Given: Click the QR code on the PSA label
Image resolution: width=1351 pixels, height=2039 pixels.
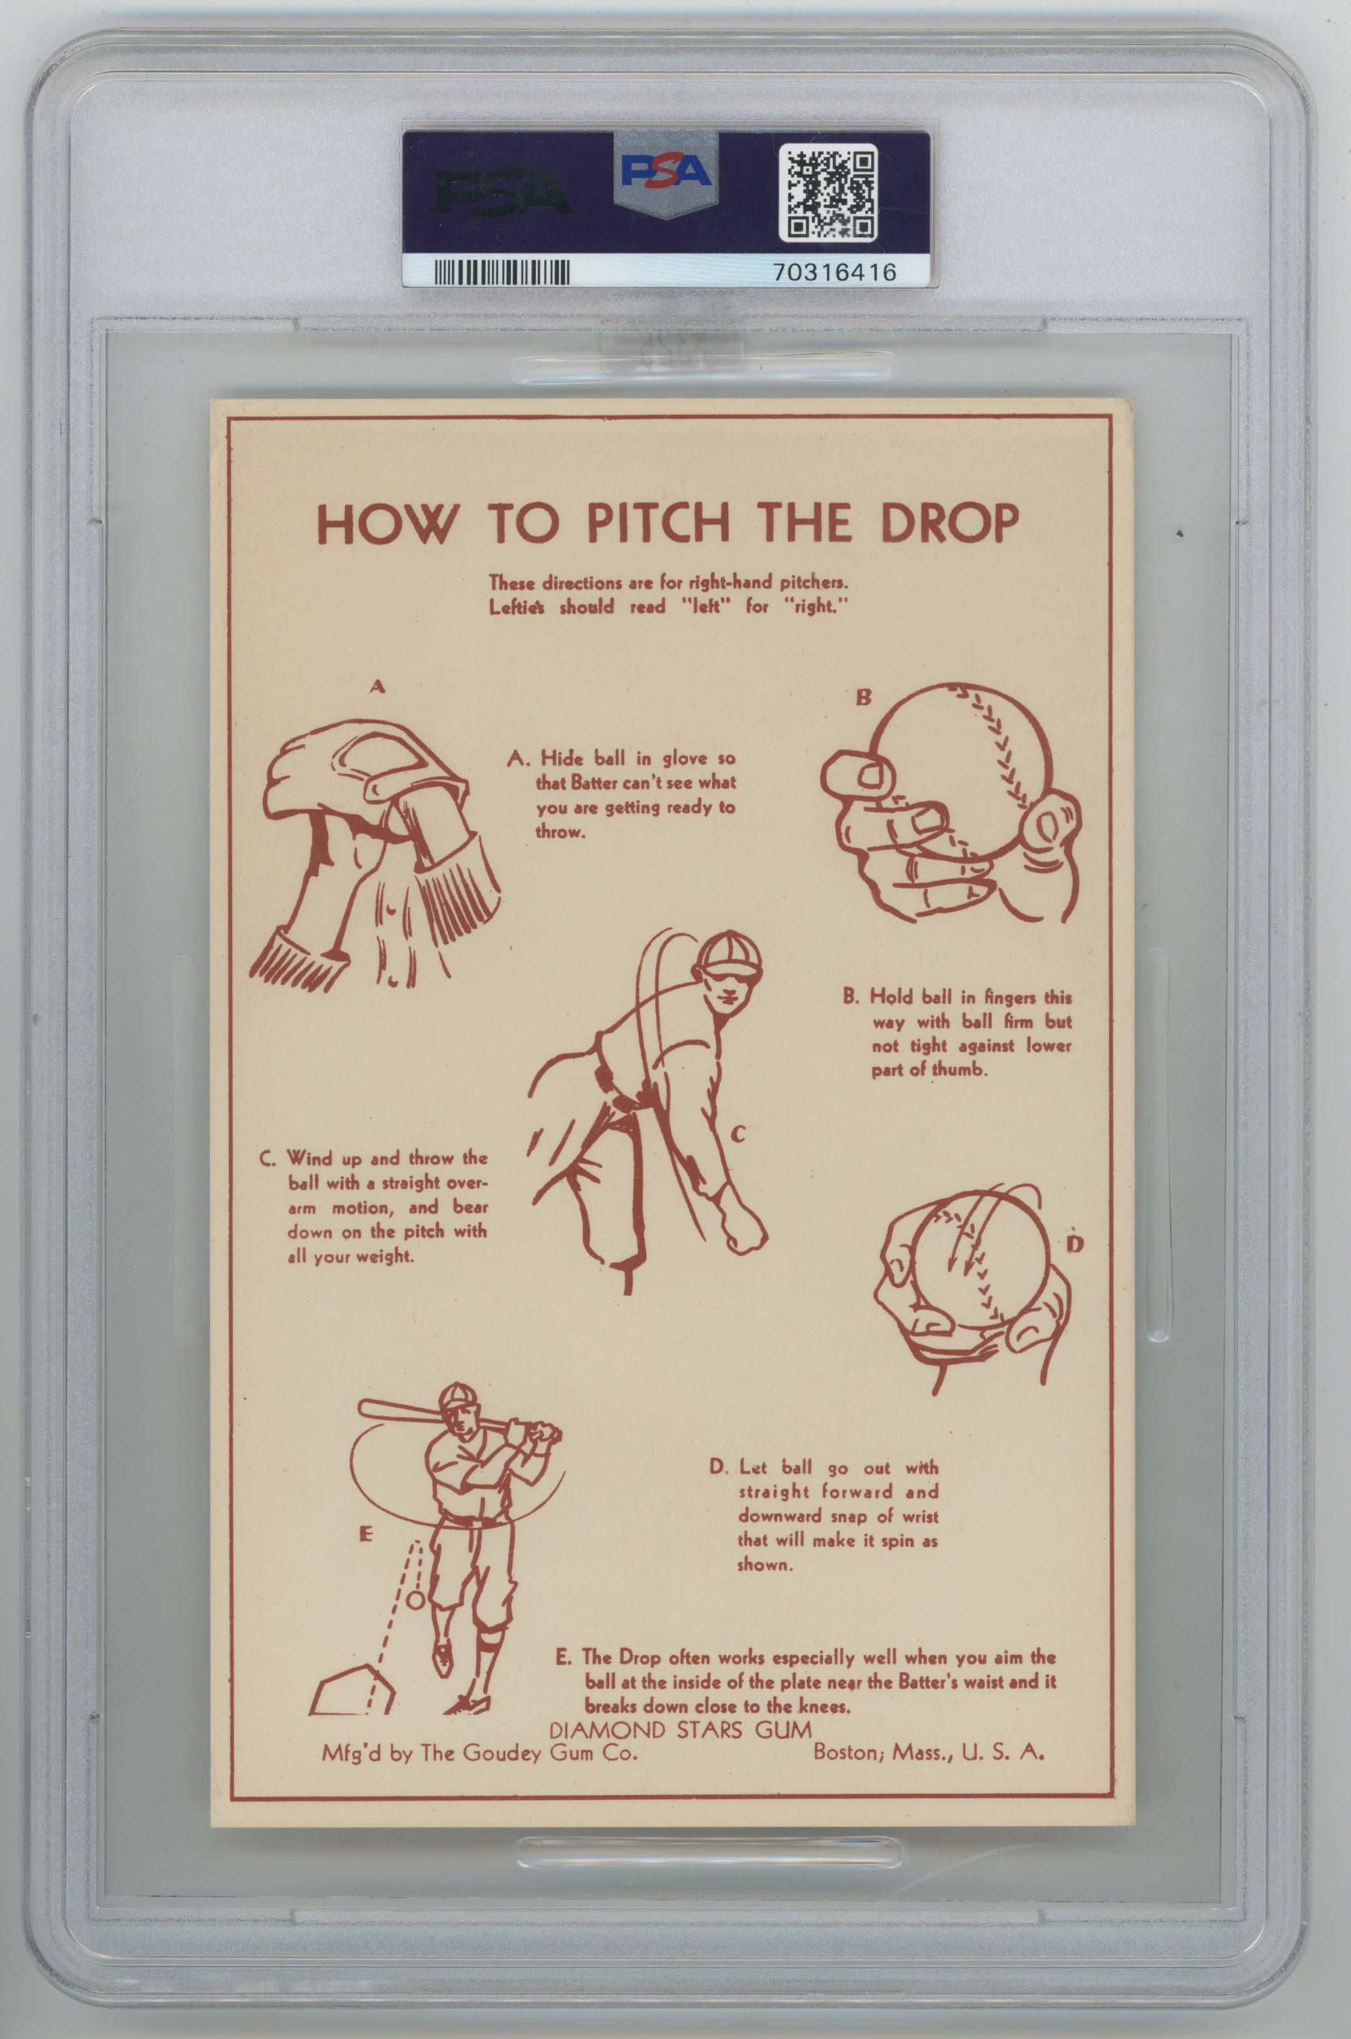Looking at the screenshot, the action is click(828, 193).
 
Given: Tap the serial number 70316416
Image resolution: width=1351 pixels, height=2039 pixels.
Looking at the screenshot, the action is click(835, 272).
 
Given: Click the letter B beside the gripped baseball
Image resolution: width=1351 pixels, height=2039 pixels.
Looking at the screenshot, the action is click(863, 697).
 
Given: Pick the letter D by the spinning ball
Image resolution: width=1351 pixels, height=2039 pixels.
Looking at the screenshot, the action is click(1075, 1244).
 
